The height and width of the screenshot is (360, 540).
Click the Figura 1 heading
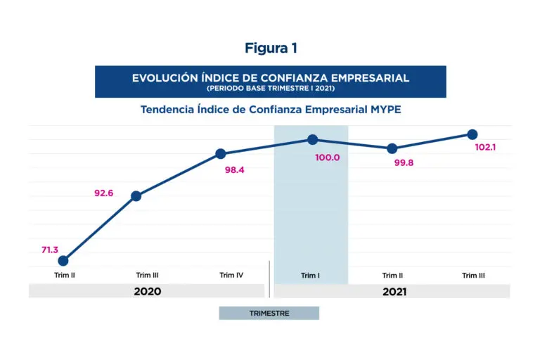271,49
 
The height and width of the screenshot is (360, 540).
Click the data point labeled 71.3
63,261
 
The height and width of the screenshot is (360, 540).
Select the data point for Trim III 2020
136,196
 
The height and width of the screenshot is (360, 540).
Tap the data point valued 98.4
220,154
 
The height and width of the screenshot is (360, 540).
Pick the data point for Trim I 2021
312,140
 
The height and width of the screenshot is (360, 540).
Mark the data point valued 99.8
392,148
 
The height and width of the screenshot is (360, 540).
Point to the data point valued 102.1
472,134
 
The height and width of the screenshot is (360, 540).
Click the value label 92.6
104,193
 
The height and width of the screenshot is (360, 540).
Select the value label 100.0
328,157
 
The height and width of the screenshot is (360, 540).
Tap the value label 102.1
486,148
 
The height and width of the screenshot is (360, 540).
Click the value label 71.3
49,250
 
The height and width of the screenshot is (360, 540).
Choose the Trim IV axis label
231,276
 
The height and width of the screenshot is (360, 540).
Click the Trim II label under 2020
65,276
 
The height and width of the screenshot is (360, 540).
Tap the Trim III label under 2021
473,276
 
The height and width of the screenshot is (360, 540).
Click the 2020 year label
147,292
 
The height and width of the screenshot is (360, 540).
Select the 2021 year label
394,292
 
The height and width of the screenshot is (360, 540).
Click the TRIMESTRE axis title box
269,313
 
